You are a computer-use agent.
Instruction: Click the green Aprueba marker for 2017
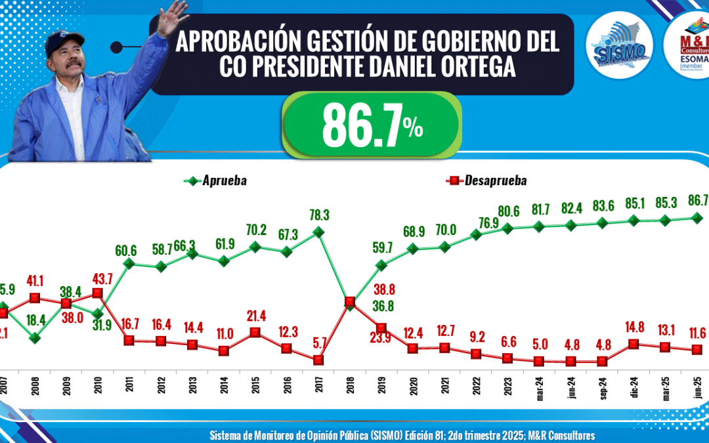pos(318,232)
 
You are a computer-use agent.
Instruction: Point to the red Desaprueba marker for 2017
pos(318,360)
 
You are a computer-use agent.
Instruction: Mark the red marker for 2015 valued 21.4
pos(255,333)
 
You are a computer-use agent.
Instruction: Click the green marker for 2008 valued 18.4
pos(35,337)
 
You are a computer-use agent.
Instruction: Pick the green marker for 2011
pos(129,264)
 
